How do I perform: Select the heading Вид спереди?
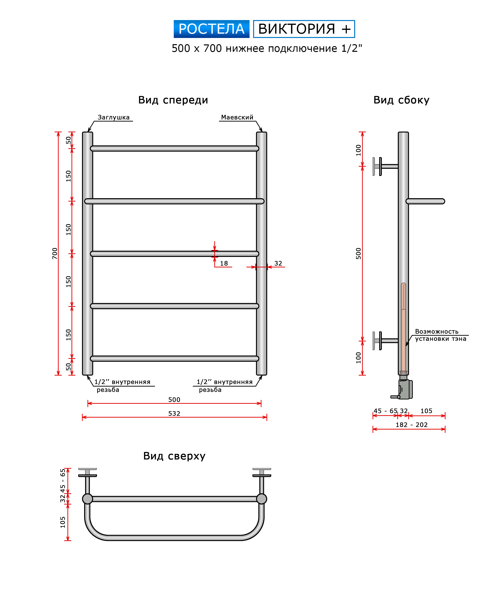pyautogui.click(x=173, y=100)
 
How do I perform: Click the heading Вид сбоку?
pyautogui.click(x=401, y=100)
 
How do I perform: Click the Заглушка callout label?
pyautogui.click(x=114, y=117)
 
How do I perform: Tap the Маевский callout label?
pyautogui.click(x=237, y=117)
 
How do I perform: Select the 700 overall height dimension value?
pyautogui.click(x=55, y=254)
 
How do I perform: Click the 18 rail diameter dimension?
pyautogui.click(x=224, y=264)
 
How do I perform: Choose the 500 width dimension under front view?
pyautogui.click(x=174, y=399)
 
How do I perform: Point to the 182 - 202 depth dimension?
pyautogui.click(x=412, y=425)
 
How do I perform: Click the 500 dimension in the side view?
pyautogui.click(x=358, y=254)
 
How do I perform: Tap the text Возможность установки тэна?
pyautogui.click(x=441, y=335)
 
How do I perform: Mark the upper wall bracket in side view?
pyautogui.click(x=385, y=167)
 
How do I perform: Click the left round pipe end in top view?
pyautogui.click(x=87, y=499)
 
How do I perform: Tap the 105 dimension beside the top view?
pyautogui.click(x=62, y=522)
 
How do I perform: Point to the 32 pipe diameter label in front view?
pyautogui.click(x=278, y=264)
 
